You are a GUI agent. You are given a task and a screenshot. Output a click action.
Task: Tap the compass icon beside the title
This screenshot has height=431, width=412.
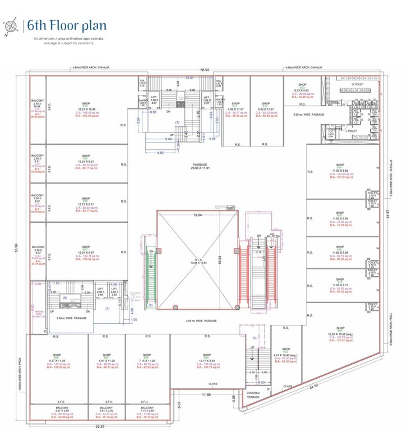coord(11,26)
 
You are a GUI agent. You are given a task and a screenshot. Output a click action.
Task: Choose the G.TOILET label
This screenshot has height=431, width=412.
coord(358,85)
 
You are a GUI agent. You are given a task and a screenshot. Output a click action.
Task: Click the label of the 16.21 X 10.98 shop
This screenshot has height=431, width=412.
coord(86,108)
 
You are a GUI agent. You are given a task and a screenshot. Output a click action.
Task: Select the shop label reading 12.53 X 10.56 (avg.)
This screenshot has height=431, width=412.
coord(339,336)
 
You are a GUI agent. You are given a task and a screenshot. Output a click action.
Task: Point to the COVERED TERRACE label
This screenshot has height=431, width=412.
coord(253,395)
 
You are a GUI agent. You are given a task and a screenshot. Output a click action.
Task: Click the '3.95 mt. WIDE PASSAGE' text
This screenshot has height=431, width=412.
coord(201,321)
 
